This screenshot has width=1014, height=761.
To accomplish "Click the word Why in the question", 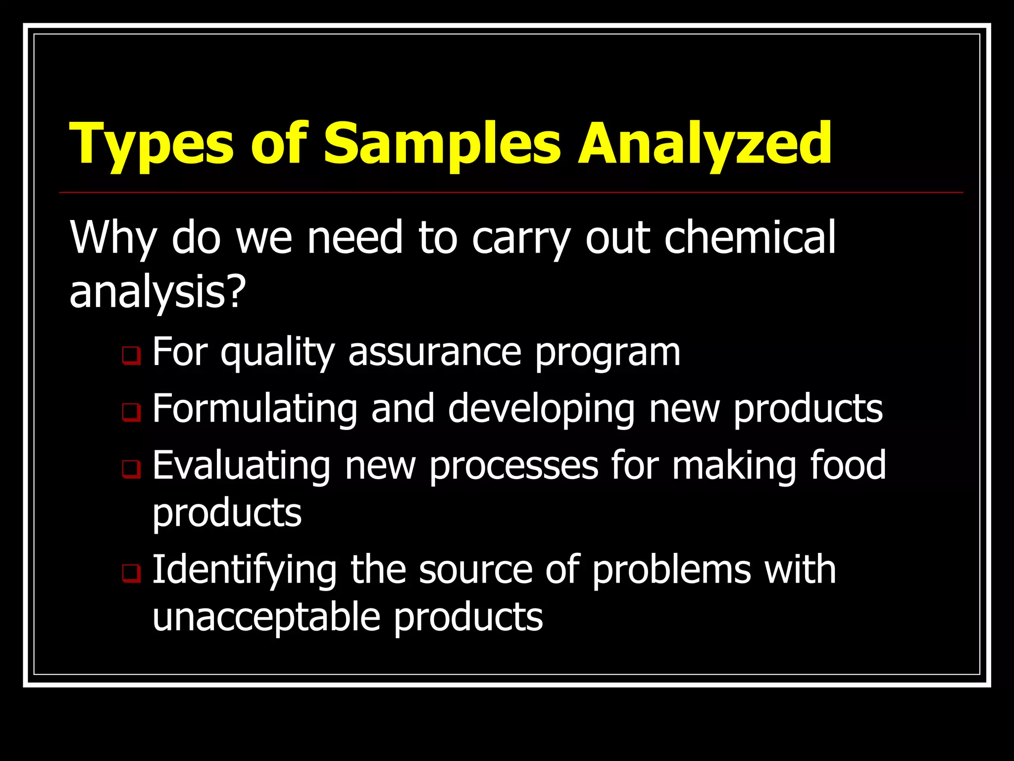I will [113, 238].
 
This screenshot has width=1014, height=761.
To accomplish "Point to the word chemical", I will [750, 238].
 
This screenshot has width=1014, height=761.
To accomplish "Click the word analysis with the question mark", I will [157, 292].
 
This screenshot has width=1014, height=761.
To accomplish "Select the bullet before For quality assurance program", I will [132, 355].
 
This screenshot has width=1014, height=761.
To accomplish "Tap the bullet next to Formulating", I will [132, 412].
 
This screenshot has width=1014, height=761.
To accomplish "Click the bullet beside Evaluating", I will [132, 469].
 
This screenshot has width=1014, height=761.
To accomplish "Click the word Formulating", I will [254, 409].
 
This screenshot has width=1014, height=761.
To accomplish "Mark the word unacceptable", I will [266, 618].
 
